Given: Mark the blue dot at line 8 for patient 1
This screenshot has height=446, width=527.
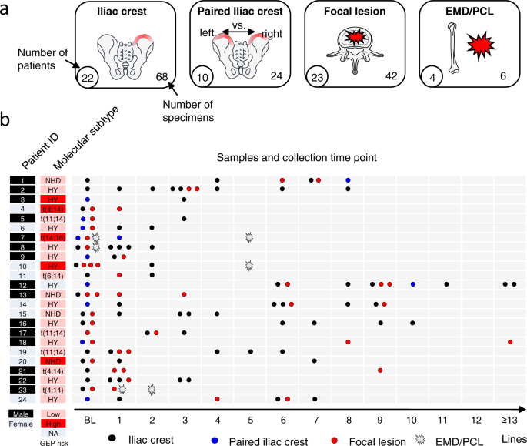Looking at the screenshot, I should click(348, 180).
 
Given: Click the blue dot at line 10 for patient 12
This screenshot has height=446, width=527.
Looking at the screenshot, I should click(413, 284).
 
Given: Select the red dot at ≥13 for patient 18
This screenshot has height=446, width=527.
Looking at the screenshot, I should click(510, 341).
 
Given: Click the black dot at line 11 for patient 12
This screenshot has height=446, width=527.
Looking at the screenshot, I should click(446, 284).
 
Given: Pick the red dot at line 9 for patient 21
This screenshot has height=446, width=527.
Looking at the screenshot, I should click(380, 370).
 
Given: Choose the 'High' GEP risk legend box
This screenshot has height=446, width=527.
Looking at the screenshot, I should click(54, 423).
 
